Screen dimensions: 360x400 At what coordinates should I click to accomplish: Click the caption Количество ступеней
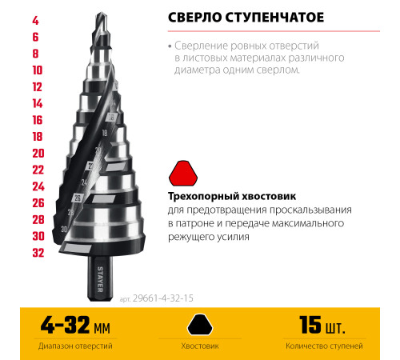coord(325,346)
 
